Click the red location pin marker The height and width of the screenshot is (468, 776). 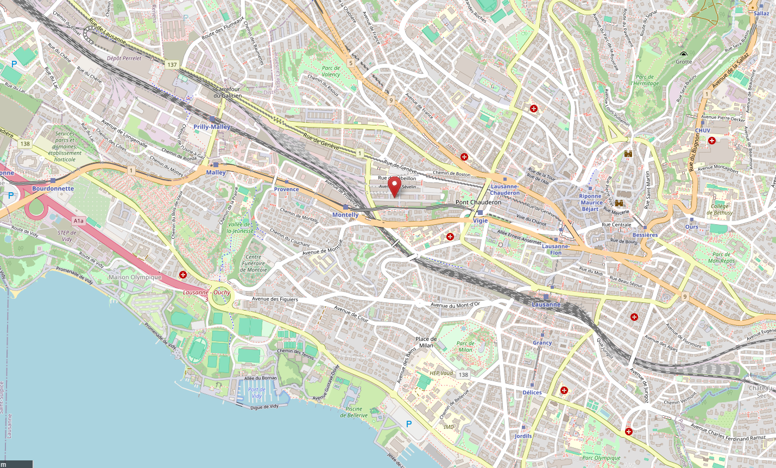pos(395,187)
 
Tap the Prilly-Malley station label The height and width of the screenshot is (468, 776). pos(212,127)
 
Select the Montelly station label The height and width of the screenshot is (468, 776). pos(345,215)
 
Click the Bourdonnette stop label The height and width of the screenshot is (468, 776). pos(53,188)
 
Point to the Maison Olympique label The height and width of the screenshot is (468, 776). pos(135,277)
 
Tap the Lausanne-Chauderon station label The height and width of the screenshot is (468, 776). pos(504,189)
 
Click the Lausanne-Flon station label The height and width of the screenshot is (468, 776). pos(556,249)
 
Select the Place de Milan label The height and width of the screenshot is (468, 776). pos(426,342)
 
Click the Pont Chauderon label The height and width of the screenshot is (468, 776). pos(478,202)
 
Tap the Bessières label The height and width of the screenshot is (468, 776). pos(645,235)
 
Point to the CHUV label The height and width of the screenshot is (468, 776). pos(703,130)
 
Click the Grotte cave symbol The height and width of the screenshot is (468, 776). pos(683,54)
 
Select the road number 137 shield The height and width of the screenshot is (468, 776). pos(172,65)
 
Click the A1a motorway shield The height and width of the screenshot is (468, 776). pos(79,221)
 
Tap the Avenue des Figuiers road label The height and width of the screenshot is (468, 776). pos(275,299)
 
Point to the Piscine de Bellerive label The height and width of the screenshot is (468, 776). pos(354,412)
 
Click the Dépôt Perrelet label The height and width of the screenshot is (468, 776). pos(124,58)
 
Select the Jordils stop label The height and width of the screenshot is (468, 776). pos(523,436)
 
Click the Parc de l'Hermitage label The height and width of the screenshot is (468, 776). pos(645,80)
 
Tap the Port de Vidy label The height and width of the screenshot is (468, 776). pos(256,393)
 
